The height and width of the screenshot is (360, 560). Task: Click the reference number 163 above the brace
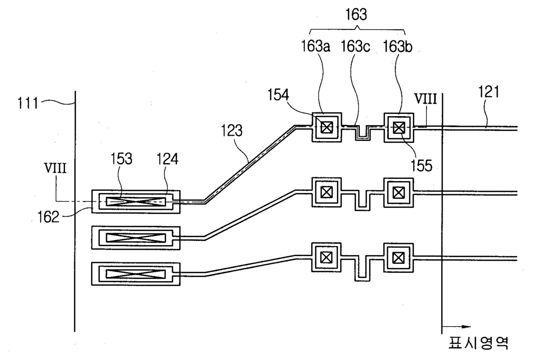356,14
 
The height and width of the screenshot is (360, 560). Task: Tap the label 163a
315,46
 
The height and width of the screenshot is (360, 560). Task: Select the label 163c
355,46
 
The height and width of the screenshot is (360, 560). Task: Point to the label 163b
397,47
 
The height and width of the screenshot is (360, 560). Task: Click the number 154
278,95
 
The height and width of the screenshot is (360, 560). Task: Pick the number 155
421,165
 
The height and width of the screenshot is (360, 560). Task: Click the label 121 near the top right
489,92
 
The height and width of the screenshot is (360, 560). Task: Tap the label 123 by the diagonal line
232,131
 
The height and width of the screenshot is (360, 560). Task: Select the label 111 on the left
28,103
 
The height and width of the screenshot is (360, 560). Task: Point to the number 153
121,159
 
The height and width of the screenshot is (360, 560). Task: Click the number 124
168,159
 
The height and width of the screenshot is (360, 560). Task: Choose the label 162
48,217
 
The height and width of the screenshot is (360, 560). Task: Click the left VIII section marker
55,168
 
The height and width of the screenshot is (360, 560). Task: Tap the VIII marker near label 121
426,99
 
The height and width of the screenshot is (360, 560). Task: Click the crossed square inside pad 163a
327,127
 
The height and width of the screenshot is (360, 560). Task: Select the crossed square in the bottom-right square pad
398,258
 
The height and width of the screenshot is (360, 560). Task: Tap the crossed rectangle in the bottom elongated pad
136,274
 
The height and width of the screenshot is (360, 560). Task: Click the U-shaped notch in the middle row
363,200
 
